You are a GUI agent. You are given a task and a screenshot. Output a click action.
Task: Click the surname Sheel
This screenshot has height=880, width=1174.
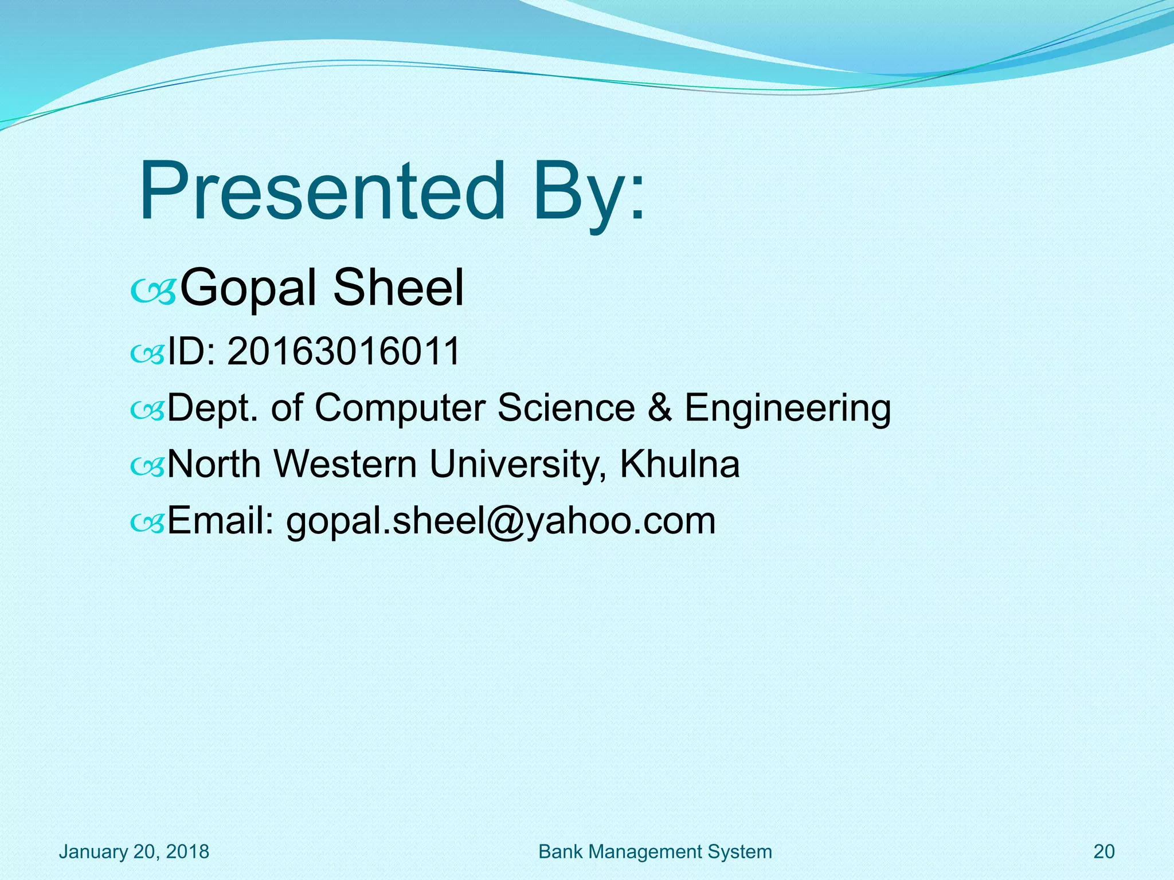pyautogui.click(x=398, y=288)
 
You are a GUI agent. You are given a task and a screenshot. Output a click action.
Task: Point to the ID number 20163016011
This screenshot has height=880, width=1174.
pyautogui.click(x=344, y=351)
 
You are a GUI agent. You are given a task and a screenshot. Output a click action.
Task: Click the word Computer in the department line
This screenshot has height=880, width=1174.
pyautogui.click(x=400, y=408)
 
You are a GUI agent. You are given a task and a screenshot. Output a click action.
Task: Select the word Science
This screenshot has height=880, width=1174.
pyautogui.click(x=566, y=408)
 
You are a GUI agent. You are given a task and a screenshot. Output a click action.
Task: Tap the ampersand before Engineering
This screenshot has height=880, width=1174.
pyautogui.click(x=659, y=408)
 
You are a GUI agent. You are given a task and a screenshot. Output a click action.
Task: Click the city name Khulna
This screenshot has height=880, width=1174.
pyautogui.click(x=679, y=464)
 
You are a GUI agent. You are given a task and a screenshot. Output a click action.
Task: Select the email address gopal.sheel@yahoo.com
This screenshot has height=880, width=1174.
pyautogui.click(x=500, y=521)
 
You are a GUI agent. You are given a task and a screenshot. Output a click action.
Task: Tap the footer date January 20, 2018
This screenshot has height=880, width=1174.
pyautogui.click(x=134, y=851)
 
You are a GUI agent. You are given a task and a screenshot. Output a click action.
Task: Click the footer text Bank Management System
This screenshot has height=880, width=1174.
pyautogui.click(x=655, y=851)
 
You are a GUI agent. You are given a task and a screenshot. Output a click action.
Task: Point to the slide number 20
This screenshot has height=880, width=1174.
pyautogui.click(x=1103, y=851)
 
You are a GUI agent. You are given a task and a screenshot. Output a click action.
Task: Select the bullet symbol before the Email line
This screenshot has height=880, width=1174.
pyautogui.click(x=147, y=522)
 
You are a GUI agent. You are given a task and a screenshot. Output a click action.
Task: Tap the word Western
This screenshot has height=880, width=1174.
pyautogui.click(x=345, y=464)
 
